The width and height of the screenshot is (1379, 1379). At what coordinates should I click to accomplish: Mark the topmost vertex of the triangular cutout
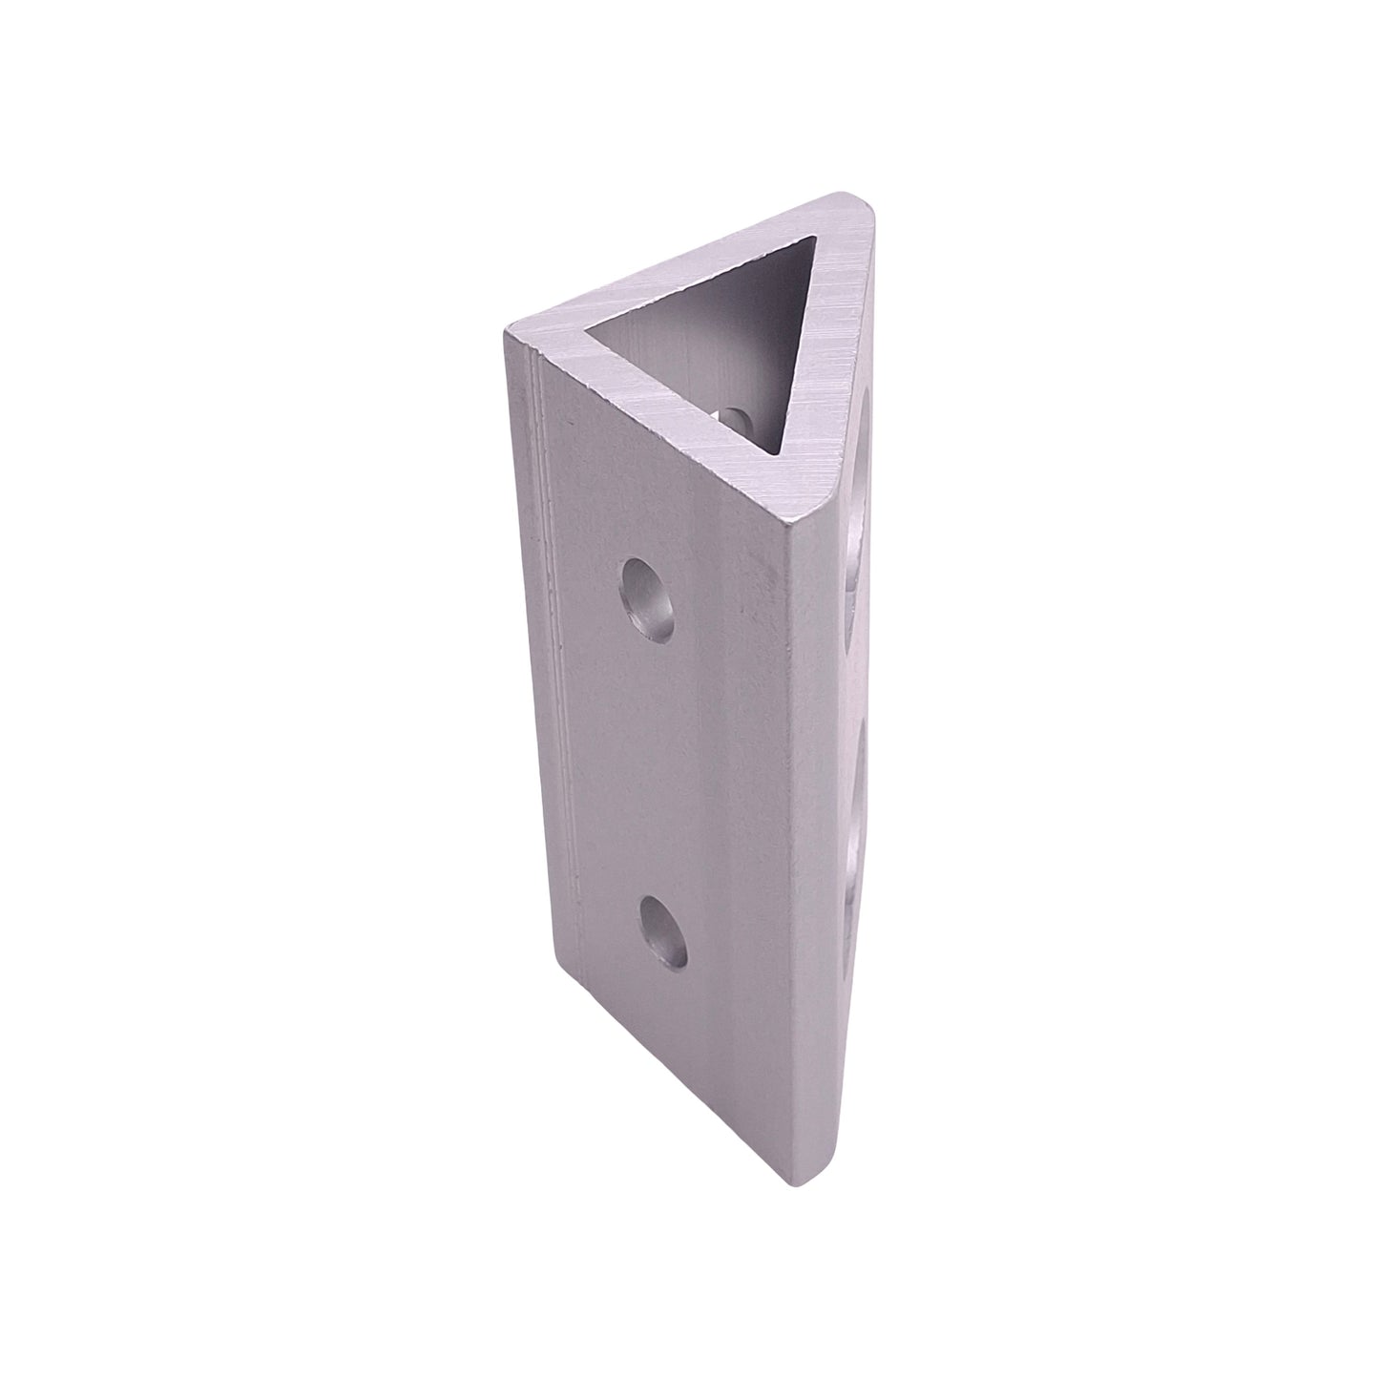(x=819, y=240)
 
